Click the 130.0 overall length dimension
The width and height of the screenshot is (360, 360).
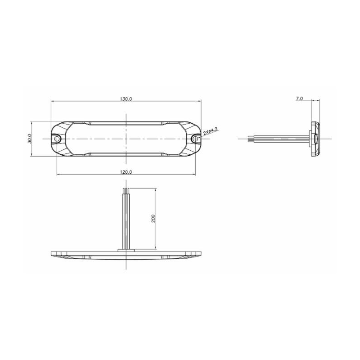coord(126,99)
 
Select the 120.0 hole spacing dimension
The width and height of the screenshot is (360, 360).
coord(126,172)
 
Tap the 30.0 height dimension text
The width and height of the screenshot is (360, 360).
coord(29,139)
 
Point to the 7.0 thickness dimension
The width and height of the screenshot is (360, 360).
coord(299,99)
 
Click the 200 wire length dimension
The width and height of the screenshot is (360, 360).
coord(153,218)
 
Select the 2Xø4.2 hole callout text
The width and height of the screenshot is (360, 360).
coord(211,131)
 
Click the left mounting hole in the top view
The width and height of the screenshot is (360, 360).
coord(57,139)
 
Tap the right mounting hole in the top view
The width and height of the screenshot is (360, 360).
coord(195,139)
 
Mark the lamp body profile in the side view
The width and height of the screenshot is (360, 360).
coord(315,139)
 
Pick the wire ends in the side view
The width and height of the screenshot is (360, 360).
coord(249,139)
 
